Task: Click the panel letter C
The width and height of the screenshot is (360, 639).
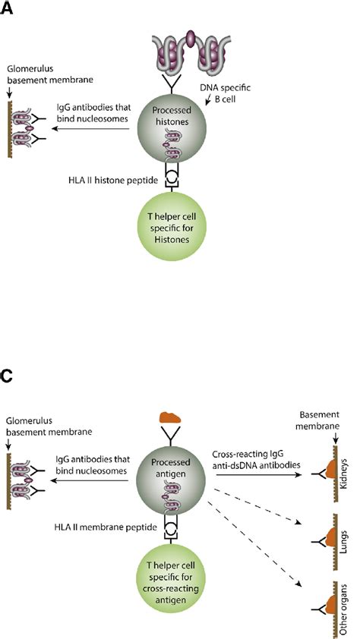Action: click(x=7, y=378)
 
